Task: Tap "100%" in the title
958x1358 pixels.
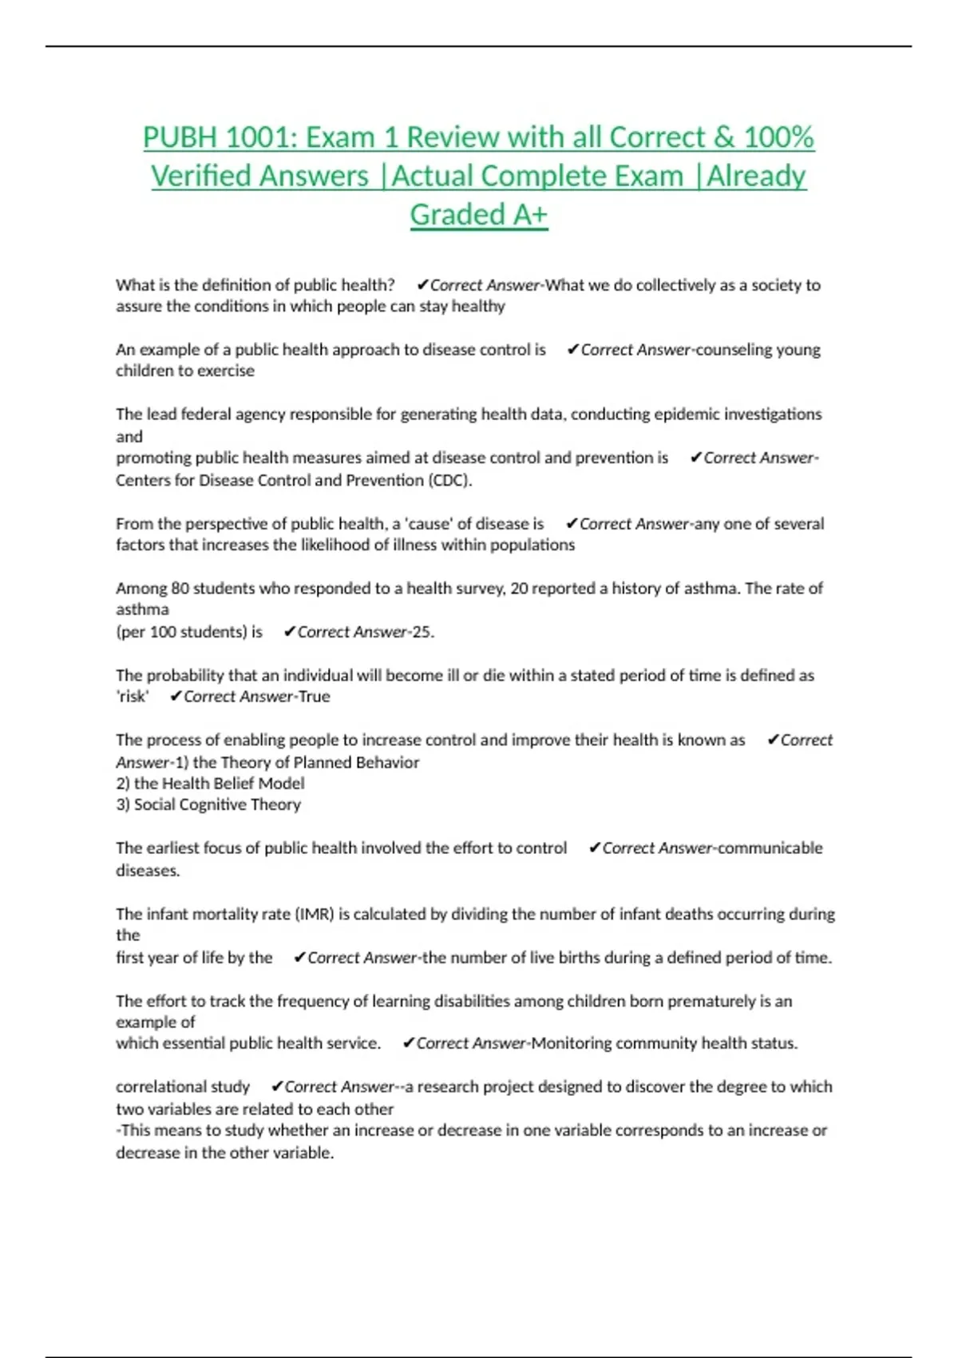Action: [x=778, y=137]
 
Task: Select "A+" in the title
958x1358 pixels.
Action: [x=528, y=215]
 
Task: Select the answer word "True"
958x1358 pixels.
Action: [x=315, y=697]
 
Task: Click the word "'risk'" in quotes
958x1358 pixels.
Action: [x=133, y=697]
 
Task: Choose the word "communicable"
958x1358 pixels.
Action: [x=770, y=848]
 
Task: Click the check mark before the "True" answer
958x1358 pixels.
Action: [x=176, y=697]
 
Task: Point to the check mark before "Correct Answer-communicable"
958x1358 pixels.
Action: [x=594, y=848]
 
